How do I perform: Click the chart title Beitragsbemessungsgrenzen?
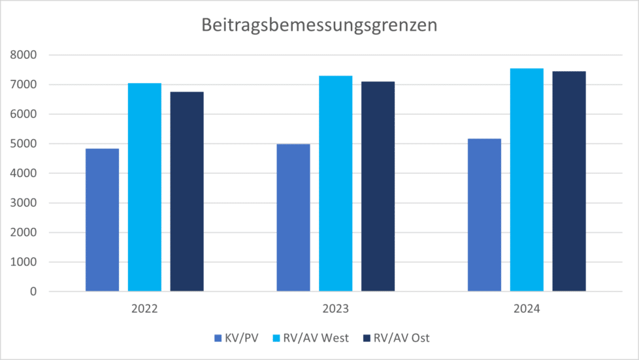[319, 25]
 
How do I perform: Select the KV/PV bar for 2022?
[103, 220]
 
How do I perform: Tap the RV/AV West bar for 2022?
[144, 187]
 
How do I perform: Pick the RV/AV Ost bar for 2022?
[187, 191]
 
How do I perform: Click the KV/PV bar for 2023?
[293, 218]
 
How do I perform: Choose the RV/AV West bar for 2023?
[336, 184]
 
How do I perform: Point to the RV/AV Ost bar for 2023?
[378, 186]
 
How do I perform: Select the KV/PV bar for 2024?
[485, 215]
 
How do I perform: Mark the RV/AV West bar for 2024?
[527, 180]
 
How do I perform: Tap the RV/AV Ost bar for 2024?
[569, 182]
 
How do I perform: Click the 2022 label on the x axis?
[144, 308]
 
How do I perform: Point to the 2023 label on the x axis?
[335, 308]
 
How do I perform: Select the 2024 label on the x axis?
[527, 308]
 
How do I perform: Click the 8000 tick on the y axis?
[24, 55]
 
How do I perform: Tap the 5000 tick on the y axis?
[24, 144]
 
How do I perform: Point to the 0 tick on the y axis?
[33, 291]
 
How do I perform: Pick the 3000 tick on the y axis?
[24, 203]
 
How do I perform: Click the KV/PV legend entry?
[237, 338]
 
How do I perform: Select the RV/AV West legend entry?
[310, 338]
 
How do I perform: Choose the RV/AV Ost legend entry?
[396, 338]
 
